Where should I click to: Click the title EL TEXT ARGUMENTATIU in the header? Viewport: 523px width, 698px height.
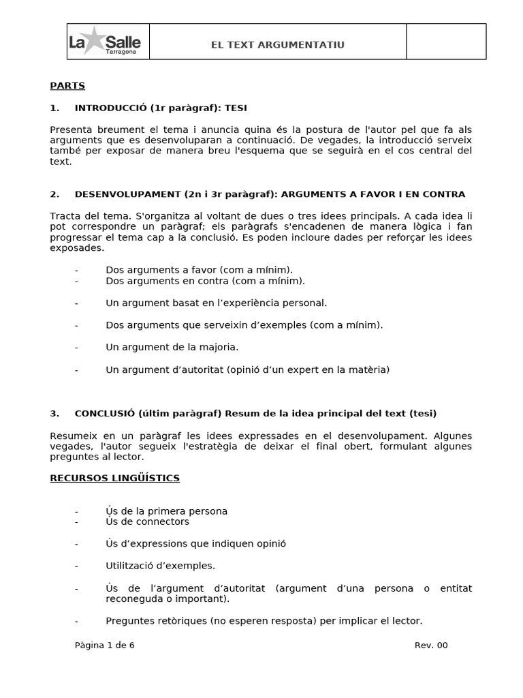277,45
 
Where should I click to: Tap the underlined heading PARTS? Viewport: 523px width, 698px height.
67,86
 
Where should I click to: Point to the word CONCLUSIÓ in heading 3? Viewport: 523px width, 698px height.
105,413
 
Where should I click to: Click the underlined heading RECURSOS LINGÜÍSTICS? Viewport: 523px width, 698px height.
114,478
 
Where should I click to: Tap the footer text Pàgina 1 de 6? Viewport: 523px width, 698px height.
105,645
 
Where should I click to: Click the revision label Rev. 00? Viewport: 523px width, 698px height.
431,645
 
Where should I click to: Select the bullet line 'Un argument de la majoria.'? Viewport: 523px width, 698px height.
172,347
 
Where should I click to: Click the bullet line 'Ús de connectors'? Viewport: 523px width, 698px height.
147,521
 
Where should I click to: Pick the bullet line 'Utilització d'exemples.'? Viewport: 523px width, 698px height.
160,565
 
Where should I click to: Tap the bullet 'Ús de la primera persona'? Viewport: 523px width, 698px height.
166,511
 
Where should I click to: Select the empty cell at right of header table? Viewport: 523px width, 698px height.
446,42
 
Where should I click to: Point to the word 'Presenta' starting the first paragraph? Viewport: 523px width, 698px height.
69,130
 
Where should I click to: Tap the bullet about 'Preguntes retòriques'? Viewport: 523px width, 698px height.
264,620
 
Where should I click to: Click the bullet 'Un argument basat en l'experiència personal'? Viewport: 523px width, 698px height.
216,302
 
